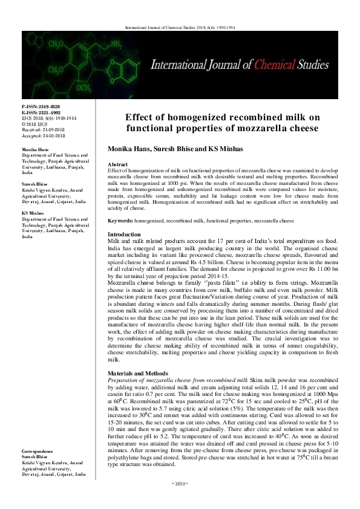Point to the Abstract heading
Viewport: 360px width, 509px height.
point(117,164)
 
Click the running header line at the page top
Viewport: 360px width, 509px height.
point(180,28)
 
